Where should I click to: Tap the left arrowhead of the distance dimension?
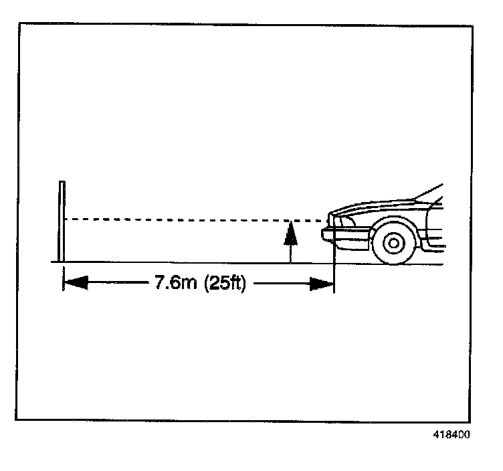[75, 284]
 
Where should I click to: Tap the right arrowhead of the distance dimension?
[321, 284]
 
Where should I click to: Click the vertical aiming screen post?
[62, 221]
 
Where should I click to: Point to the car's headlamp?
[342, 222]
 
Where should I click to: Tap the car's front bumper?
[344, 233]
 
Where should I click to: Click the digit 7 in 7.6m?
[160, 283]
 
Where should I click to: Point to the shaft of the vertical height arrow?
[290, 251]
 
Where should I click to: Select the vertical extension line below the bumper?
[333, 264]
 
